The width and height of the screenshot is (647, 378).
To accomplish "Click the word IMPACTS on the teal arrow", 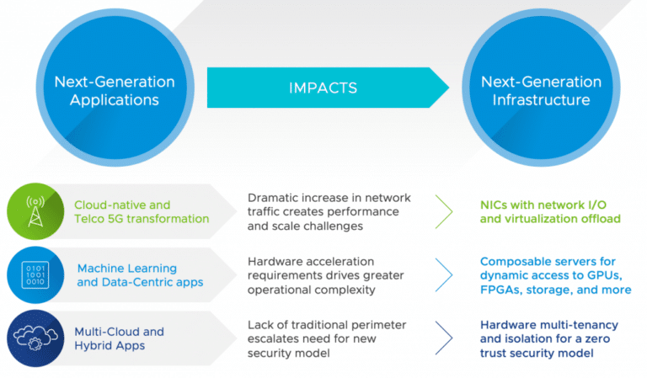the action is click(323, 88).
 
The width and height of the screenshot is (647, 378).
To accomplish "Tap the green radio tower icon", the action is click(35, 211).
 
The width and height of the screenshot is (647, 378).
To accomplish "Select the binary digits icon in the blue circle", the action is click(35, 275).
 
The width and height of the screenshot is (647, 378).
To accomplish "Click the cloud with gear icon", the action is click(35, 338).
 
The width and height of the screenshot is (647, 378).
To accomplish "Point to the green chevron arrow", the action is click(444, 211).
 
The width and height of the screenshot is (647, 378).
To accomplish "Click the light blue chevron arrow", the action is click(444, 275).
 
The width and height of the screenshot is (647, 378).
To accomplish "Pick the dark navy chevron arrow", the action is click(444, 338).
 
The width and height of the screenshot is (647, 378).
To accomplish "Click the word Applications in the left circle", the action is click(115, 100).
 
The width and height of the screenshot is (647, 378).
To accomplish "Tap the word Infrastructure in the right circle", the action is click(541, 99).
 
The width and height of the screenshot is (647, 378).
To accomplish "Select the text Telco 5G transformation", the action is click(142, 219).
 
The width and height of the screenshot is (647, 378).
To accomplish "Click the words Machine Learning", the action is click(127, 269).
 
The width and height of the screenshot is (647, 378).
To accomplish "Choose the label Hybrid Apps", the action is click(110, 345).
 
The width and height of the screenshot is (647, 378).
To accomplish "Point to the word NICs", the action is click(494, 205).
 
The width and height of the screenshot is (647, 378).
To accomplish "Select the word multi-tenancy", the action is click(582, 325).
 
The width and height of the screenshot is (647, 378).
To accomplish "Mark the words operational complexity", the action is click(312, 290).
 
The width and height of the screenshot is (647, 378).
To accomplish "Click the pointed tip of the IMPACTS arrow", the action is click(449, 88).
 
